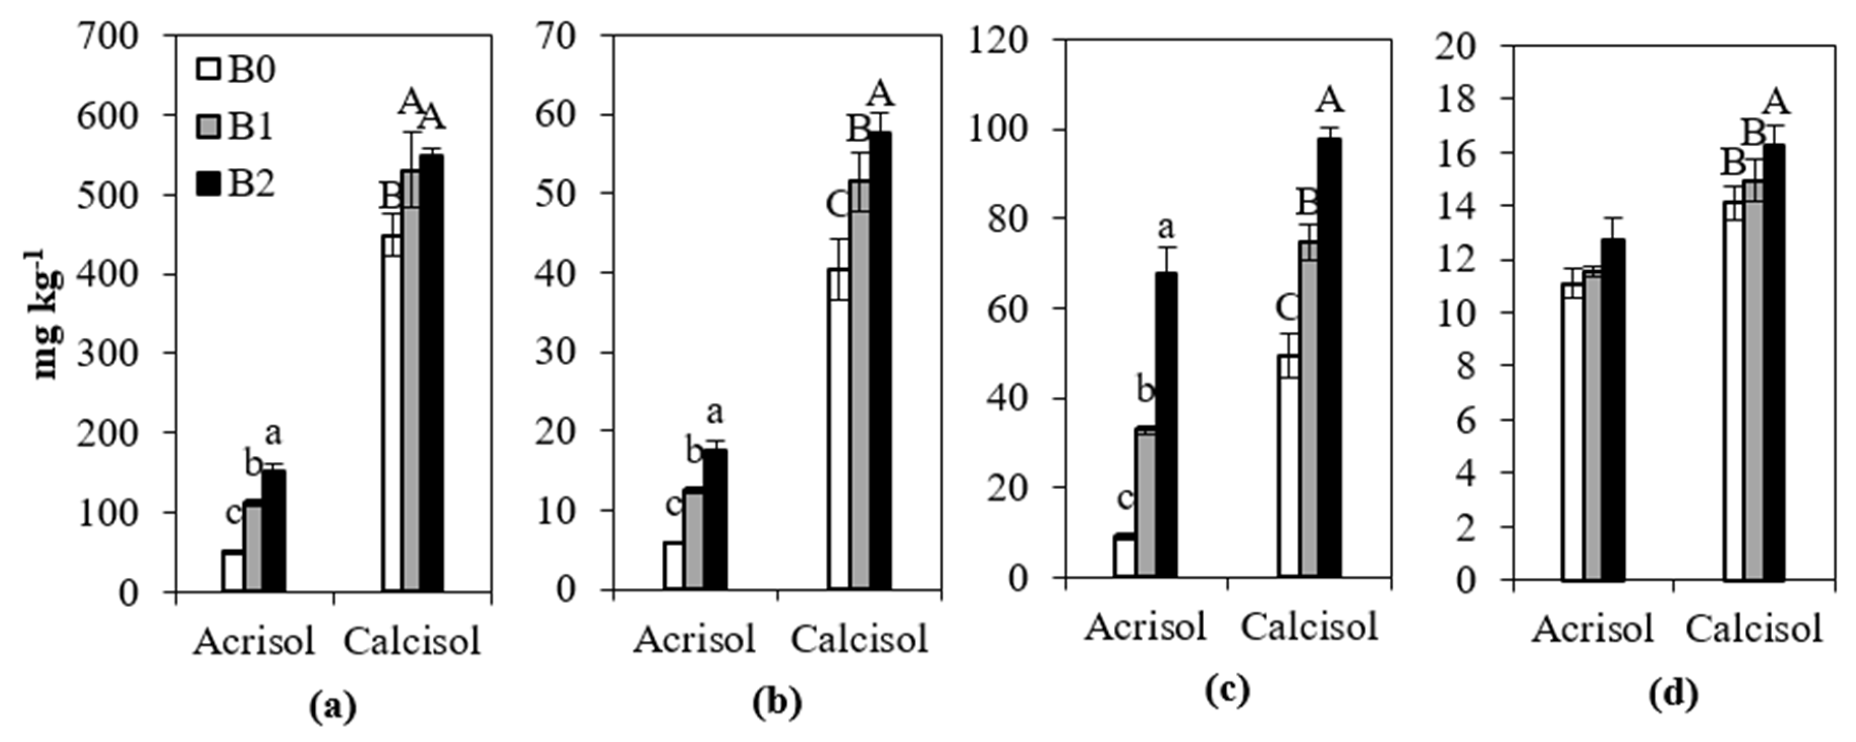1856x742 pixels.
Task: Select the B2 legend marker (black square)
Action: pos(207,185)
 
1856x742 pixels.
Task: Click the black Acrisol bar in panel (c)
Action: pos(1166,425)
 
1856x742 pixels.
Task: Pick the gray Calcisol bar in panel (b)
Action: pos(859,386)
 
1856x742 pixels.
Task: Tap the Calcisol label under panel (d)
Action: pos(1754,629)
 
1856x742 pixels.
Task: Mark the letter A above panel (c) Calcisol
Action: pos(1330,100)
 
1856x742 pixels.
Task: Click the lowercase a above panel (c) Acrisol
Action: pos(1165,228)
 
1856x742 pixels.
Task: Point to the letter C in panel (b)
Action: pos(838,206)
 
